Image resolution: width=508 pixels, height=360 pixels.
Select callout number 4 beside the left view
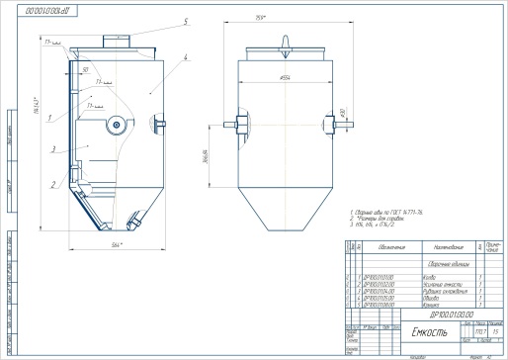185,58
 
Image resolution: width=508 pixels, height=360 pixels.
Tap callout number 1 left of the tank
47,118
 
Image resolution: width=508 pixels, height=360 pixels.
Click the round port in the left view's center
118,125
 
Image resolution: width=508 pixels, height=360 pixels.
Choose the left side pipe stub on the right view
233,126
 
